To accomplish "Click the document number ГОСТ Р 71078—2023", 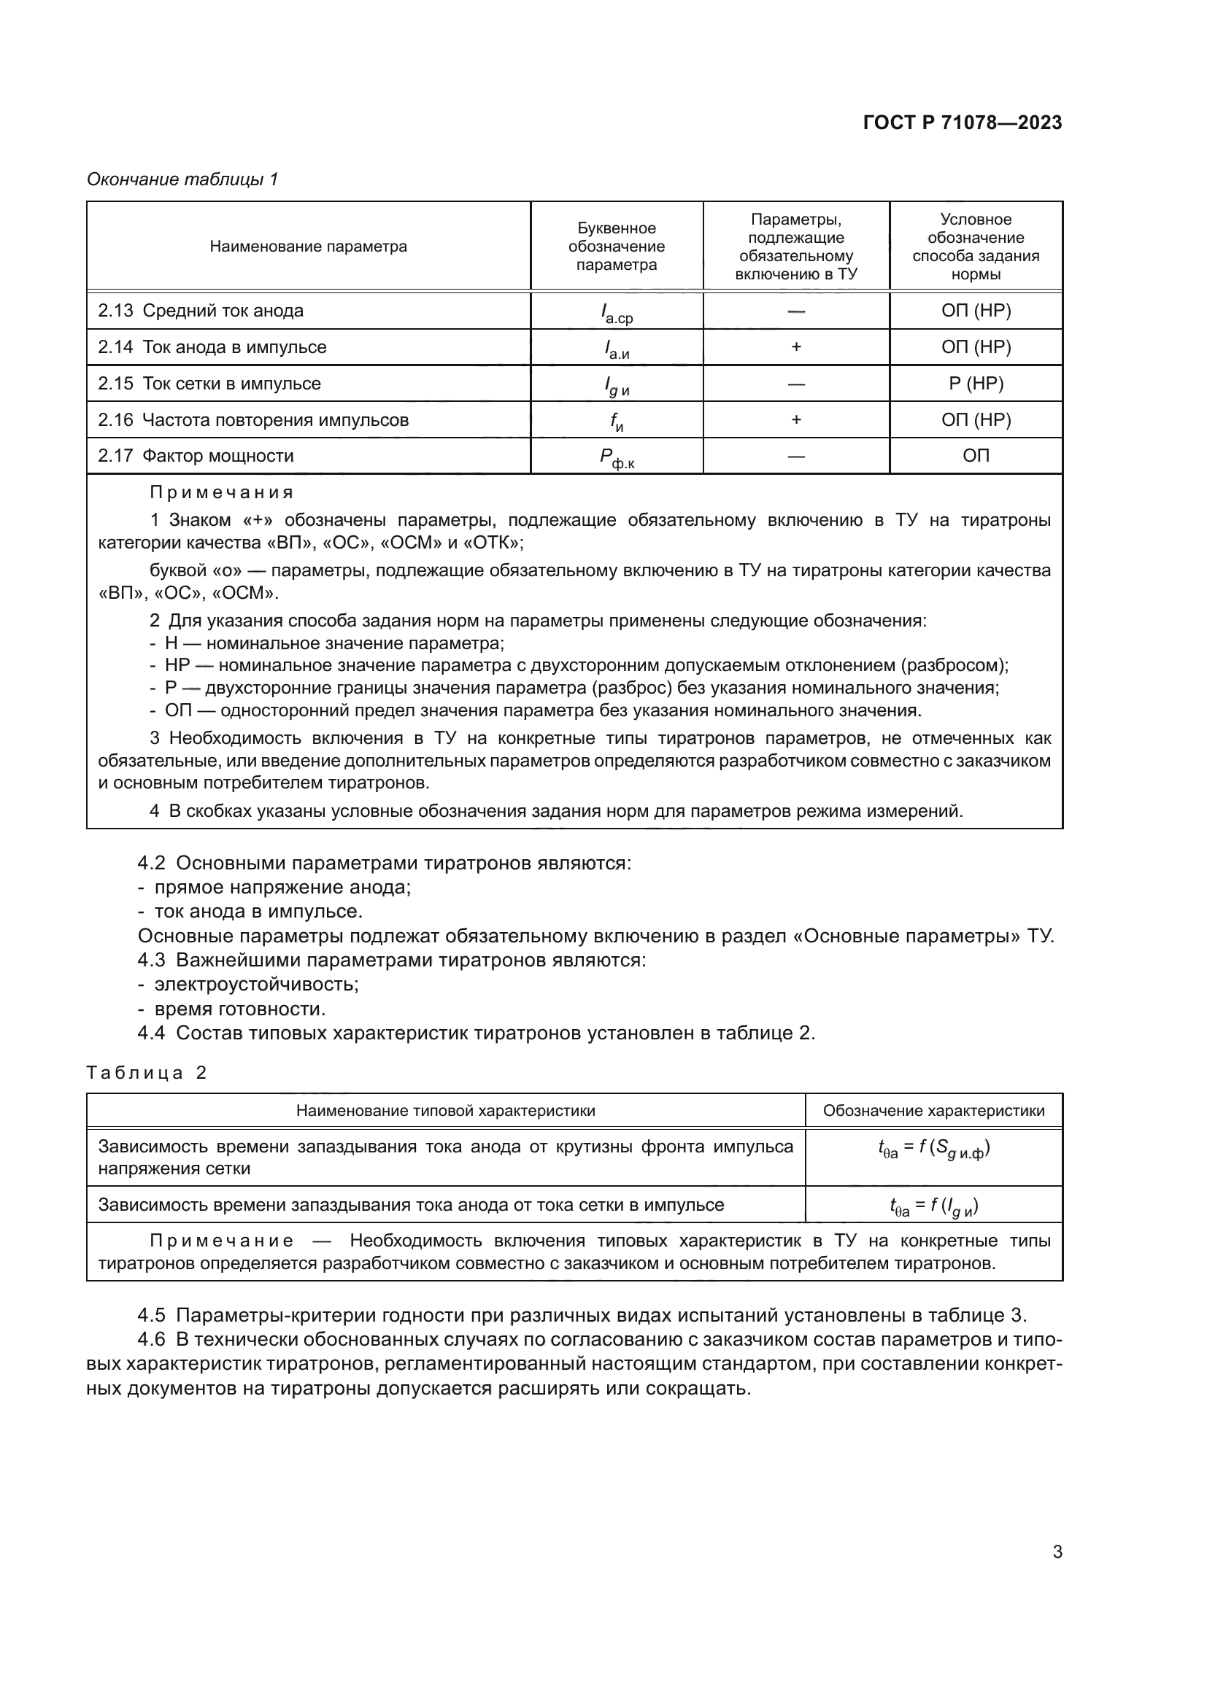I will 963,123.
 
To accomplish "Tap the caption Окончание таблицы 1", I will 182,179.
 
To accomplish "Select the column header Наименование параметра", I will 308,247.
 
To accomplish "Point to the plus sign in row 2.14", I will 796,347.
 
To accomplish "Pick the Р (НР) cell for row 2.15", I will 976,384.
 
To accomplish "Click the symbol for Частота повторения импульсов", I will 616,422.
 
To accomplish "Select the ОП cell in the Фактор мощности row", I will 976,455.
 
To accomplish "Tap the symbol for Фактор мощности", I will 616,458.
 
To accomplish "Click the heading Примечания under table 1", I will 222,492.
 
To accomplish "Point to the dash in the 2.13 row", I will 796,311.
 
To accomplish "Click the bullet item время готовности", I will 239,1009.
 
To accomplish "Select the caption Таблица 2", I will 147,1073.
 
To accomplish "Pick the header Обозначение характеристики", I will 933,1111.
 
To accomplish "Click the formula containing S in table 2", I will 933,1149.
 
